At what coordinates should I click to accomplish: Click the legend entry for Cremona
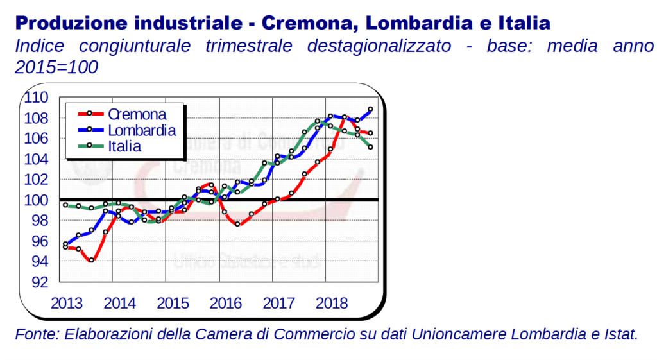(137, 115)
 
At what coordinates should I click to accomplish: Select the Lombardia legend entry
(142, 130)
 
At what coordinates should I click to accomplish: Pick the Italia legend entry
(124, 146)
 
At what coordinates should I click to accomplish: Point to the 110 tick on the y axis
(36, 98)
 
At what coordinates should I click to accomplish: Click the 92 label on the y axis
(40, 282)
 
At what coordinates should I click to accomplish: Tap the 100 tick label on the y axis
(36, 200)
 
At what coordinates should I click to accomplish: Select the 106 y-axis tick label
(36, 139)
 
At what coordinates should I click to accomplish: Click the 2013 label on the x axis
(67, 303)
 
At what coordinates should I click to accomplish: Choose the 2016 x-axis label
(226, 303)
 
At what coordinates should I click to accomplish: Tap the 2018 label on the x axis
(332, 303)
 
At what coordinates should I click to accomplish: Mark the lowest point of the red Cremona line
(92, 260)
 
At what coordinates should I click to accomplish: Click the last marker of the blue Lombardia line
(371, 109)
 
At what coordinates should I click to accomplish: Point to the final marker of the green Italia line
(371, 146)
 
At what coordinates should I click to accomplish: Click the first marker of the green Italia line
(65, 205)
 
